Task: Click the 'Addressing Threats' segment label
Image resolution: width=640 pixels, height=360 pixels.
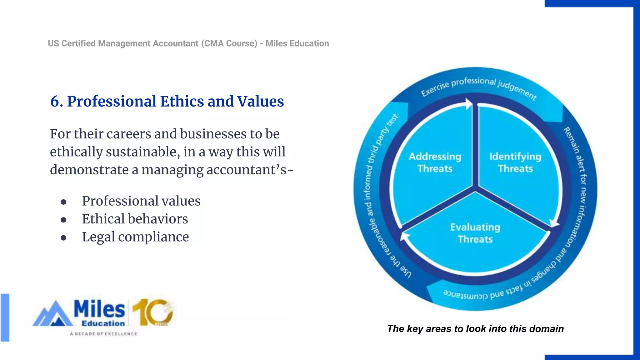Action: [435, 162]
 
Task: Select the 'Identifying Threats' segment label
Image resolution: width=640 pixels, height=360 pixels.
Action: [515, 162]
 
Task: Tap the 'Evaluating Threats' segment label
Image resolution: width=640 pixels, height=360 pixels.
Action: [475, 233]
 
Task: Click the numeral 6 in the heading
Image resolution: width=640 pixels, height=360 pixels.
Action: [55, 102]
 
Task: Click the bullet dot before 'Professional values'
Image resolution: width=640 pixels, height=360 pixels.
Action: [64, 202]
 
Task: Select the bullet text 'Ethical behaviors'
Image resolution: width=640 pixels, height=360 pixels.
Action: [135, 219]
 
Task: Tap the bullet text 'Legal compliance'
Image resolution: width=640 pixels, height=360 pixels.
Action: [135, 237]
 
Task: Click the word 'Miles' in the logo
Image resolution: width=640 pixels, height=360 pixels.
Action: [99, 309]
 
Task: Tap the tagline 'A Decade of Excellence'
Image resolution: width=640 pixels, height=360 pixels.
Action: [103, 334]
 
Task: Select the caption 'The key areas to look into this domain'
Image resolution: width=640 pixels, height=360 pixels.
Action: [475, 329]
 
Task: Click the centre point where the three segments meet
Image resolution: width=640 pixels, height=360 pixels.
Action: [475, 189]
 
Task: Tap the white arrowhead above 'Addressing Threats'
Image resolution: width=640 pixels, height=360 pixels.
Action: [468, 104]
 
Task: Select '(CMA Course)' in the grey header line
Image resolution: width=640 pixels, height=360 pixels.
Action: [229, 43]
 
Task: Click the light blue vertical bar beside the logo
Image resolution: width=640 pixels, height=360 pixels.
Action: [5, 317]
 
